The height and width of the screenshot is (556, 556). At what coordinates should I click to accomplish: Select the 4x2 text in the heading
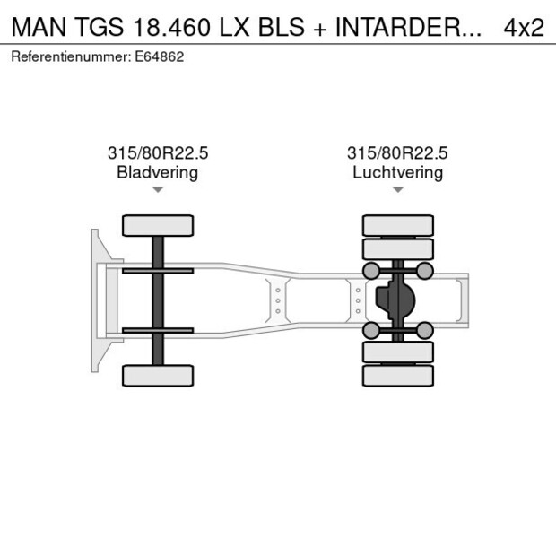point(524,27)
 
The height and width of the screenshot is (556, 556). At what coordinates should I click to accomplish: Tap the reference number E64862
point(161,56)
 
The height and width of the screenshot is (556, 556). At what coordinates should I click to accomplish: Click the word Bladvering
point(157,172)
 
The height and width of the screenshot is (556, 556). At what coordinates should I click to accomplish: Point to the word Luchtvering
point(397,172)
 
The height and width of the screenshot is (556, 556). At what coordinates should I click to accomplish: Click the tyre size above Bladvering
point(157,153)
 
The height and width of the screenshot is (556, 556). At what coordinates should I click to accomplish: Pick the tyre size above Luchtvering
point(397,153)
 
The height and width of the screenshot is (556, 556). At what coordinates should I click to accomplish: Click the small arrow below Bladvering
point(158,190)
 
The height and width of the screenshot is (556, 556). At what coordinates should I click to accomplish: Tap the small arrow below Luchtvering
point(398,190)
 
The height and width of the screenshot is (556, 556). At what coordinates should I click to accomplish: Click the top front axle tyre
point(158,225)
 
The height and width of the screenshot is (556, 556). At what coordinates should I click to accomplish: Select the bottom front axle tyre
point(158,375)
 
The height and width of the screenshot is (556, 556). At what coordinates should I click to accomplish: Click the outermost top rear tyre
point(398,225)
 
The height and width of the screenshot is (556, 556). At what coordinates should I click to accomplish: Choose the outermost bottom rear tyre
point(398,376)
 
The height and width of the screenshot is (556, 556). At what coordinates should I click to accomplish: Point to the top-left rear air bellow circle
point(370,271)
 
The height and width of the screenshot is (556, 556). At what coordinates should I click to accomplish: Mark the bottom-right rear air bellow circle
point(425,331)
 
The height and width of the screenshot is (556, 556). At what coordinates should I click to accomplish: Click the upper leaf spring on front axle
point(158,271)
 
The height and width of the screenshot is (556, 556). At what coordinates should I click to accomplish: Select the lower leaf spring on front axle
point(158,331)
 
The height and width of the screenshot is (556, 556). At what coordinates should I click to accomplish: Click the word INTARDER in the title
point(400,27)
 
